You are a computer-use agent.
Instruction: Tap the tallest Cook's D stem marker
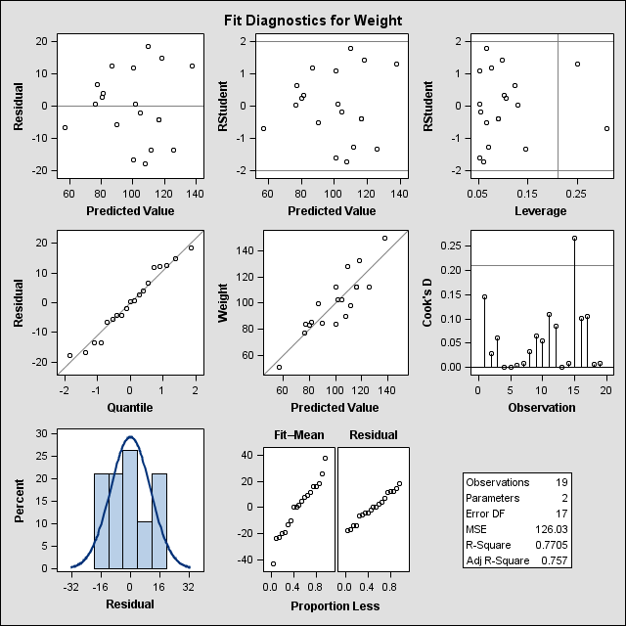(574, 238)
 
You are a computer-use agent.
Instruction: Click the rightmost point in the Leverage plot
(606, 128)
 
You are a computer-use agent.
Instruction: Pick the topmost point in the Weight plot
(384, 238)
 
